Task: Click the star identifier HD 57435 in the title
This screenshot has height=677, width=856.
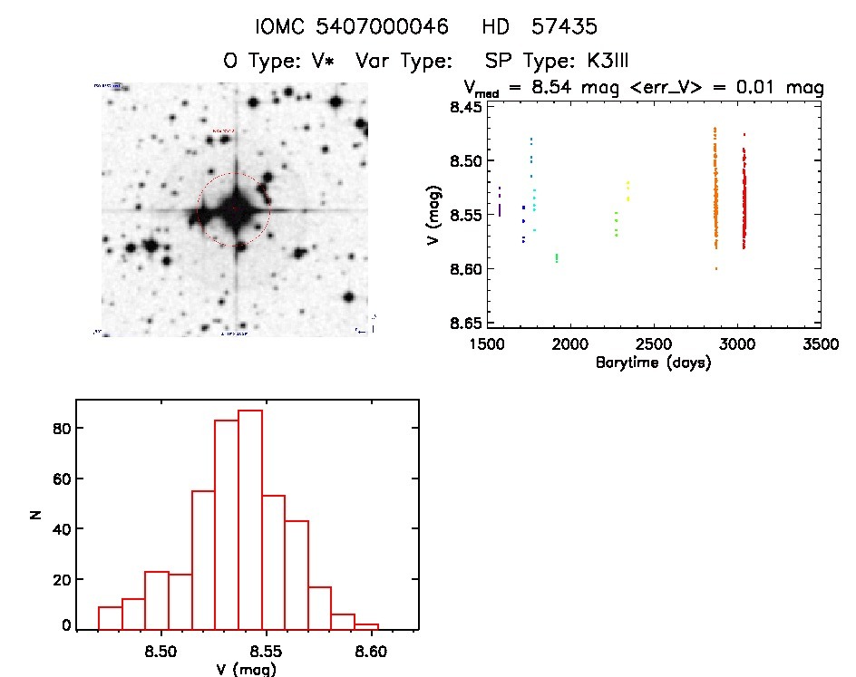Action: pyautogui.click(x=540, y=27)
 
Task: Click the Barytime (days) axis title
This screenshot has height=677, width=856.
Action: pyautogui.click(x=653, y=363)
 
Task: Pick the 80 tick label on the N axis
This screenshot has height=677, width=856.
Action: pyautogui.click(x=58, y=428)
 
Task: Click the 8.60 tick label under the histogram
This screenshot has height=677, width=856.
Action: pyautogui.click(x=371, y=652)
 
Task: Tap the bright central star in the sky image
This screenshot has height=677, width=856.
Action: pyautogui.click(x=235, y=210)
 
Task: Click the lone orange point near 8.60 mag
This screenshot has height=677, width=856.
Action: pyautogui.click(x=716, y=268)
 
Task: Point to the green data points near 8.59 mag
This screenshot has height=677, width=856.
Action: pyautogui.click(x=557, y=258)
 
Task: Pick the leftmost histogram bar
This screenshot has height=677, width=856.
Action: pyautogui.click(x=110, y=618)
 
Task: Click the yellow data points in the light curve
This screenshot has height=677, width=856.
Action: pyautogui.click(x=627, y=190)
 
